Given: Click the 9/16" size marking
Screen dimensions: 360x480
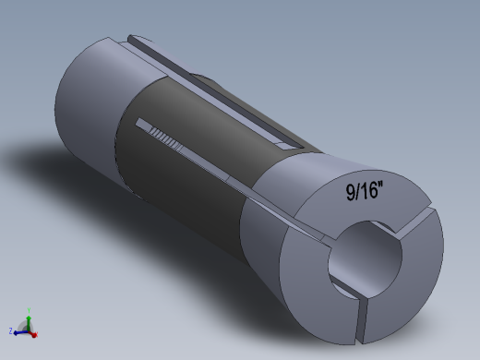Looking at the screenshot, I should point(366,191).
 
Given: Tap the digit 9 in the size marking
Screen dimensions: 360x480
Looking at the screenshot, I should point(352,193).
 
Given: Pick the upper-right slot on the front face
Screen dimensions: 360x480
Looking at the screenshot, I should point(416,218).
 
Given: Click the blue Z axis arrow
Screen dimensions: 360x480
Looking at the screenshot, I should point(18,329).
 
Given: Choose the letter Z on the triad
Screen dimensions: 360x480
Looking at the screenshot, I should point(10,330).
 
